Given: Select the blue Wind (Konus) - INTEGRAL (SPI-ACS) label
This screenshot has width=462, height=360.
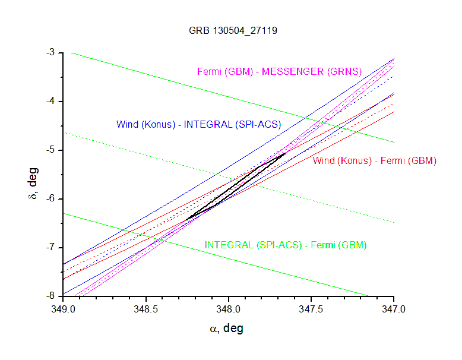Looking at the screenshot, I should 198,125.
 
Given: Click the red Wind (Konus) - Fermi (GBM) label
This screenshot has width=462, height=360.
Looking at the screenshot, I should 375,161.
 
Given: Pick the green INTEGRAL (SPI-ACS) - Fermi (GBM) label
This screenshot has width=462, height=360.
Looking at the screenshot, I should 286,245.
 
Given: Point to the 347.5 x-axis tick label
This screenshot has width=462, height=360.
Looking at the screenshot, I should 311,309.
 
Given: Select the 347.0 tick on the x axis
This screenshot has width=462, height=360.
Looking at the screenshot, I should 393,309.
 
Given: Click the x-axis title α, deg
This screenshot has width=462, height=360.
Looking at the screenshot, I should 227,329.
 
